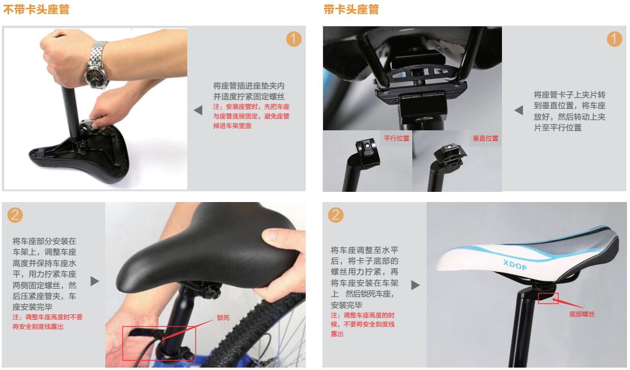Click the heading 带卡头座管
351,10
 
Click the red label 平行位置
395,138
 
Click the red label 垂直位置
485,138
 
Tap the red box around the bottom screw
547,298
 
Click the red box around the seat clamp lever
158,343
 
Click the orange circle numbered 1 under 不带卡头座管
294,39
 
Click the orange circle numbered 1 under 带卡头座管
613,39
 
